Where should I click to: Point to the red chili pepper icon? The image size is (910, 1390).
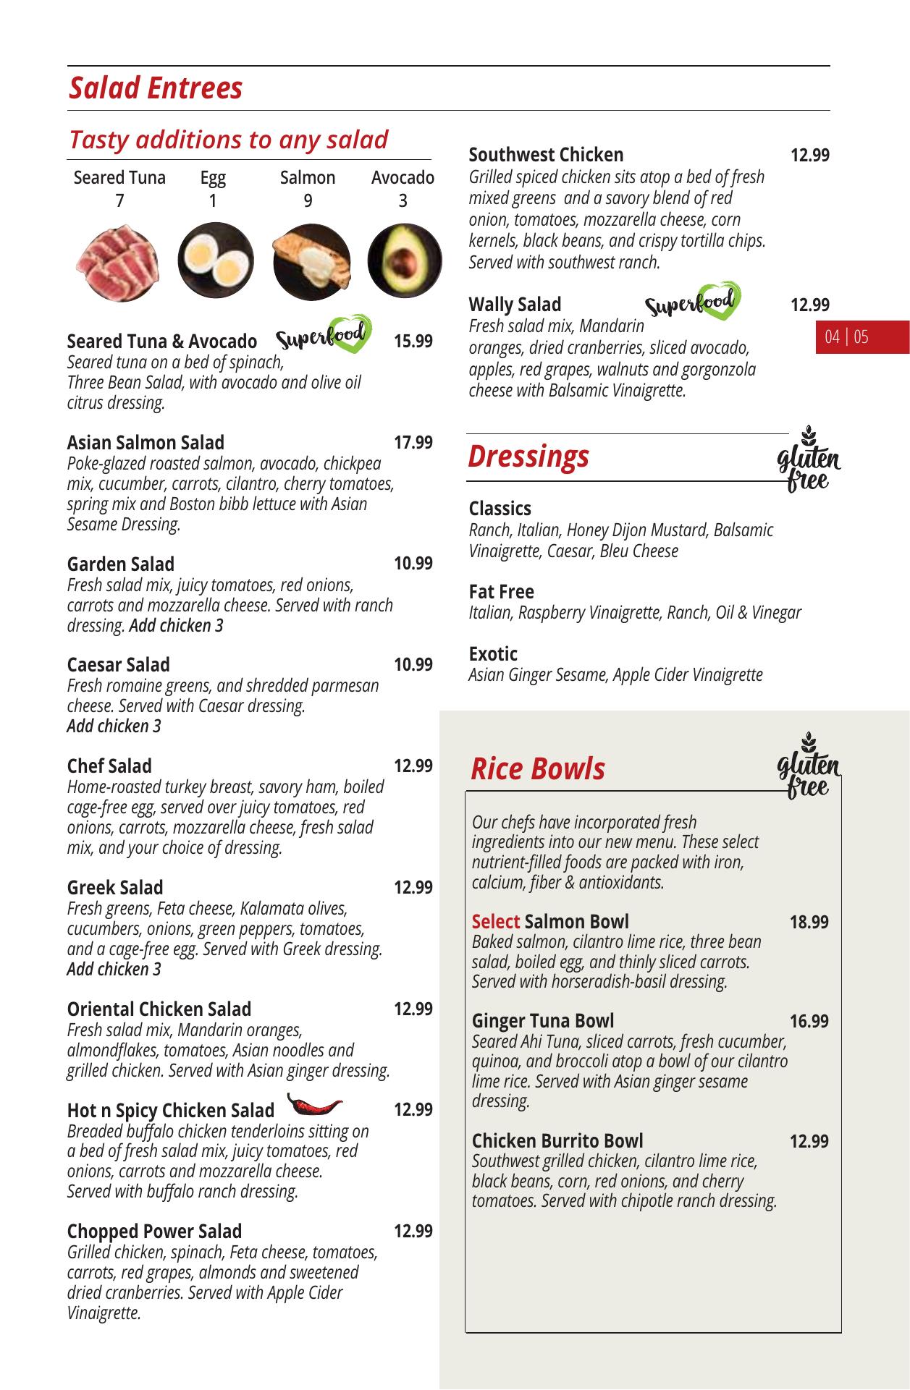click(314, 1104)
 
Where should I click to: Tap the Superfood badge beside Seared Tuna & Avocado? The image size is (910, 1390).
click(324, 335)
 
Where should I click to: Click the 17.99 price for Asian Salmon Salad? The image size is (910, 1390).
click(413, 442)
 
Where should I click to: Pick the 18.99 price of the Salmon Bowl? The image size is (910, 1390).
click(809, 922)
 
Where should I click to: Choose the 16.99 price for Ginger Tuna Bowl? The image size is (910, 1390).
click(809, 1021)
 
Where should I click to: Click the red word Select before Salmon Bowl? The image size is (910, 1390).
click(495, 922)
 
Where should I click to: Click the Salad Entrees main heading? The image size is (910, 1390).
click(156, 88)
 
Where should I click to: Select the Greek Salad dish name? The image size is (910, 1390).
click(115, 888)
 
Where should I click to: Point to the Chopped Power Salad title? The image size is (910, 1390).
click(154, 1232)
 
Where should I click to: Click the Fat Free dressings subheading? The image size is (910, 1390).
click(501, 592)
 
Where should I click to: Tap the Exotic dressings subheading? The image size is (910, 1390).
click(493, 654)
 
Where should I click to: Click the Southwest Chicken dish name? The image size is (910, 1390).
click(546, 155)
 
